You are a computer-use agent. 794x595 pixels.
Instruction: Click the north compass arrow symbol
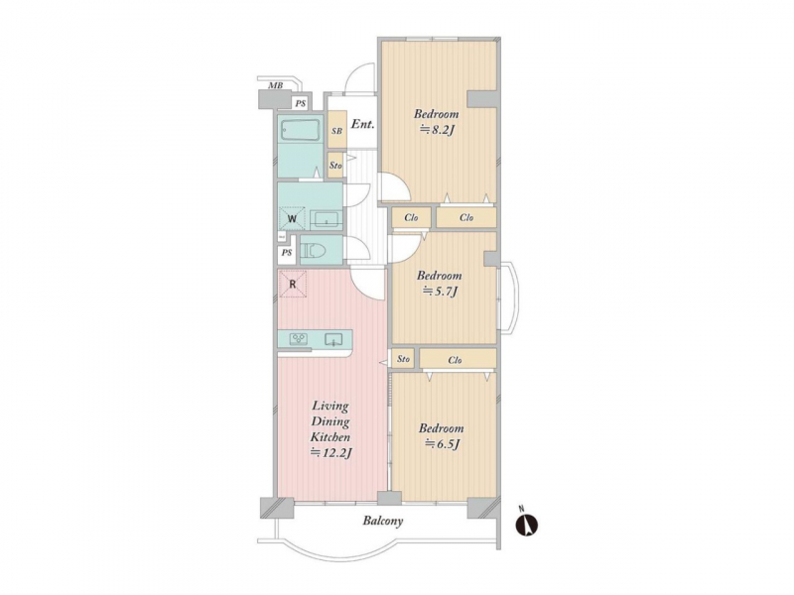pyautogui.click(x=526, y=526)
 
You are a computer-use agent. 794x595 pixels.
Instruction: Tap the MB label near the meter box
pyautogui.click(x=275, y=85)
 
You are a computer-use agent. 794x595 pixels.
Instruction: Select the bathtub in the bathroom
pyautogui.click(x=300, y=132)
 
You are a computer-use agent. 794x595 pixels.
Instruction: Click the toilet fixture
pyautogui.click(x=315, y=251)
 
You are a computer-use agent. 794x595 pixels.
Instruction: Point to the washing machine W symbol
pyautogui.click(x=293, y=218)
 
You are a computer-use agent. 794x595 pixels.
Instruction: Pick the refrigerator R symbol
pyautogui.click(x=293, y=284)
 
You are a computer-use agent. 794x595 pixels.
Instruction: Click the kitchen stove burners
pyautogui.click(x=299, y=339)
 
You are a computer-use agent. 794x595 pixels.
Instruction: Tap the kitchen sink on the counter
pyautogui.click(x=333, y=339)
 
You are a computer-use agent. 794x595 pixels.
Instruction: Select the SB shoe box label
pyautogui.click(x=336, y=131)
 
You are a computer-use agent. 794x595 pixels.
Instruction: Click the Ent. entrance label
pyautogui.click(x=362, y=124)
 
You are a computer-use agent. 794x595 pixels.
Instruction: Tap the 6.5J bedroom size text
pyautogui.click(x=443, y=443)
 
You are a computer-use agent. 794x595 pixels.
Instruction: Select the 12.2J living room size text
pyautogui.click(x=331, y=452)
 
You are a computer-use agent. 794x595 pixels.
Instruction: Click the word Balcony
pyautogui.click(x=382, y=521)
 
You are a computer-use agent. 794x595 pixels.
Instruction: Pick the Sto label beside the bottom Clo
pyautogui.click(x=404, y=359)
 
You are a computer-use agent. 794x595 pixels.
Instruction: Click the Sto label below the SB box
pyautogui.click(x=335, y=165)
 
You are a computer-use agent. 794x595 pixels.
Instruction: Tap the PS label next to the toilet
pyautogui.click(x=287, y=253)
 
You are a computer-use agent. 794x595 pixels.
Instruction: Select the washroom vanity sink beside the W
pyautogui.click(x=327, y=219)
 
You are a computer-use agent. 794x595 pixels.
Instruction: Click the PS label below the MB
pyautogui.click(x=301, y=104)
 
